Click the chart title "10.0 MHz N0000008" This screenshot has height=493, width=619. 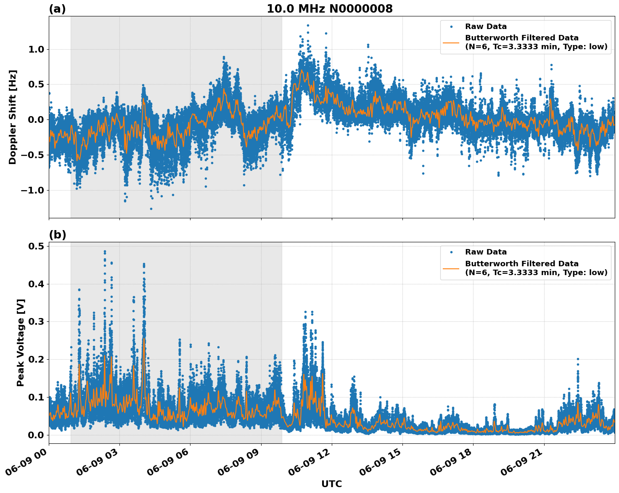(329, 9)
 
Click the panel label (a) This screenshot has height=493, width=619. (57, 9)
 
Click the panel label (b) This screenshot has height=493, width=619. (57, 235)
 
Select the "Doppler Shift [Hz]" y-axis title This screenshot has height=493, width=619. (13, 117)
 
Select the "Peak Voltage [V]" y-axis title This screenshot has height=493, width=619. (21, 342)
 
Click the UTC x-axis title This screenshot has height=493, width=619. (331, 484)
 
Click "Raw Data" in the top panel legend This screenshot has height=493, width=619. (486, 27)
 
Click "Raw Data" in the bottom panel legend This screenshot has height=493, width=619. (486, 252)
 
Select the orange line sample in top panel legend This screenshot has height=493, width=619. (451, 42)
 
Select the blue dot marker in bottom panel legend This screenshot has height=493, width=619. (451, 252)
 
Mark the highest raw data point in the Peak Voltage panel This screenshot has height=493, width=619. (105, 252)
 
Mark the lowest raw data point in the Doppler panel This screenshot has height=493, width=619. (151, 209)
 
